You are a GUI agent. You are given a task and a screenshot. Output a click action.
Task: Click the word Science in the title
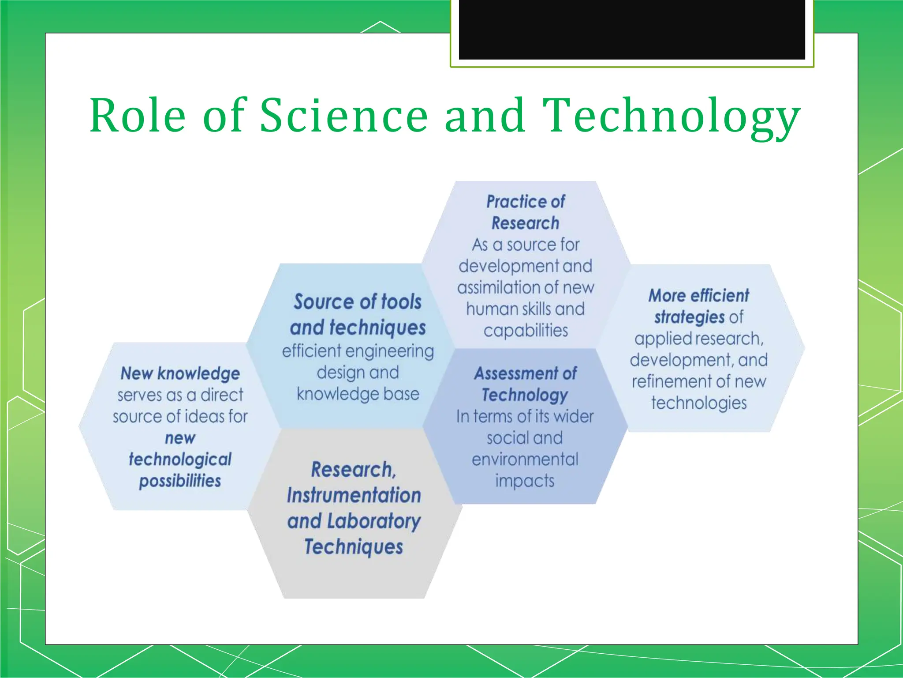(343, 116)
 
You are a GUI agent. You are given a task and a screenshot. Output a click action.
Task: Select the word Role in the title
(138, 116)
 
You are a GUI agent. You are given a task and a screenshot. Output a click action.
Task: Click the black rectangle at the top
(631, 29)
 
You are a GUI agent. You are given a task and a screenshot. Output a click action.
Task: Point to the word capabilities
(526, 331)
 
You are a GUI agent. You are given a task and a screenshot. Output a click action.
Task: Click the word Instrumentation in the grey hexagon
(354, 495)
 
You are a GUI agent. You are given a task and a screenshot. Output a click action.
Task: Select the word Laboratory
(373, 521)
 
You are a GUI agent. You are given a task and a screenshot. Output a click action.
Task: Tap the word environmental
(525, 460)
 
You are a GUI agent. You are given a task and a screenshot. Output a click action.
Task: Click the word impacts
(525, 481)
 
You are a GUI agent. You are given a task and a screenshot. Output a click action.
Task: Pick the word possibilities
(180, 481)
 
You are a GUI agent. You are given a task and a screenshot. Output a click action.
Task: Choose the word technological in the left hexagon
(180, 460)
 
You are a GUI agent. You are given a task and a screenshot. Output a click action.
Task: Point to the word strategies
(689, 317)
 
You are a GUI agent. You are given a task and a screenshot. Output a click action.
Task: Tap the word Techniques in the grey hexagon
(354, 547)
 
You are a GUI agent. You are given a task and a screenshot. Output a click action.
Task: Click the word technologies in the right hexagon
(699, 403)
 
